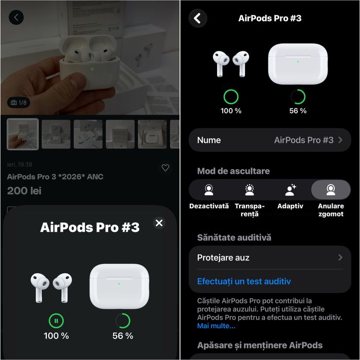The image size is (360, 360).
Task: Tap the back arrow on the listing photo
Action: [x=16, y=17]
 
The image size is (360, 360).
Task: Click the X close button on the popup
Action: [x=159, y=223]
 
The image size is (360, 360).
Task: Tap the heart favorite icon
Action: [x=165, y=168]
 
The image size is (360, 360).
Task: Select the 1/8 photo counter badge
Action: [x=19, y=103]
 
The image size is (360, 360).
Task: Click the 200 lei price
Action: [x=24, y=191]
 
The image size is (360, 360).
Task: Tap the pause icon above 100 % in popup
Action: [x=57, y=321]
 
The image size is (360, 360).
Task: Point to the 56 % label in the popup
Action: [x=122, y=336]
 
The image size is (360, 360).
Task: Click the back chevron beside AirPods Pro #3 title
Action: [x=197, y=19]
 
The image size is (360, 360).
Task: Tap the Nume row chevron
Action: [x=340, y=140]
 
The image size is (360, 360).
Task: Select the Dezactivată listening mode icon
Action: [x=209, y=190]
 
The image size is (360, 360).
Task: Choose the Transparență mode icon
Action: [x=249, y=190]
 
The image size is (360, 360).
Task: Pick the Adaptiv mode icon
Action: [x=290, y=190]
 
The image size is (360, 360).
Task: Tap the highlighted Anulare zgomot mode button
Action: [x=331, y=190]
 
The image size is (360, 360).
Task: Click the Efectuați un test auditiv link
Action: [x=244, y=281]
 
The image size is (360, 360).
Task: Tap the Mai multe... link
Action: [x=216, y=326]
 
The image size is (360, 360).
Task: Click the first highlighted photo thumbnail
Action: [x=23, y=134]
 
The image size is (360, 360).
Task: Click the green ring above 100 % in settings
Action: [x=231, y=97]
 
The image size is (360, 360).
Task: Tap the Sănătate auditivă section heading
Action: [x=234, y=237]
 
